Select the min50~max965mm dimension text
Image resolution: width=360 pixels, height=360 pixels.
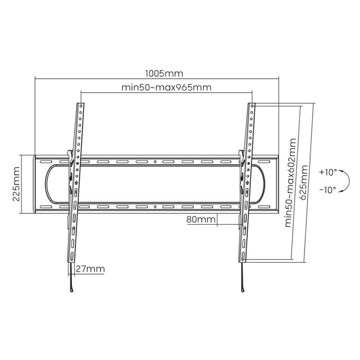(x=166, y=87)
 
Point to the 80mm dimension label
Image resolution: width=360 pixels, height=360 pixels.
(x=201, y=220)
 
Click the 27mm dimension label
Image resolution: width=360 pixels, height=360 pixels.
(x=91, y=269)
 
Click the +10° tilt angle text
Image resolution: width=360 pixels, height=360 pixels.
(x=327, y=172)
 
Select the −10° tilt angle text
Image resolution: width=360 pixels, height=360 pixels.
(x=327, y=189)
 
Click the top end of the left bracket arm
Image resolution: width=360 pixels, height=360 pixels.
(x=81, y=104)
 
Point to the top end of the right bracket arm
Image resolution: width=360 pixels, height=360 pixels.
(x=253, y=104)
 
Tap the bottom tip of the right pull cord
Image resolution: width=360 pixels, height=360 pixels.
(x=240, y=290)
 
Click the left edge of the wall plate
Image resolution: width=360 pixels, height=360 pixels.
(x=34, y=184)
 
